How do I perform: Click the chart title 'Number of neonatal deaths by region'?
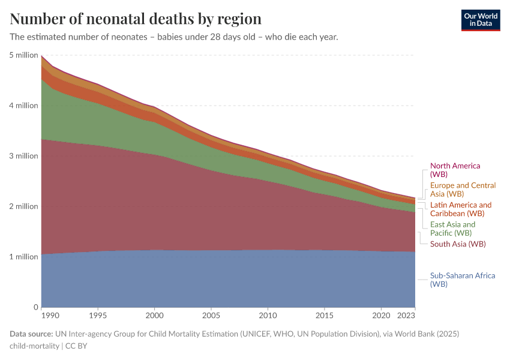tap(136, 19)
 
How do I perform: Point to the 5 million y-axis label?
tap(23, 55)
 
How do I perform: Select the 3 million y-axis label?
tap(23, 156)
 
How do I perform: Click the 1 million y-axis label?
tap(23, 257)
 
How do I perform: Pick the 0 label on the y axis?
tap(35, 307)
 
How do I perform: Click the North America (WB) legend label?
tap(455, 170)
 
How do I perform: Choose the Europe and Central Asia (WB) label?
tap(463, 190)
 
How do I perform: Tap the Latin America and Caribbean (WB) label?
tap(460, 209)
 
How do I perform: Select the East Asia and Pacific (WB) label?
tap(452, 229)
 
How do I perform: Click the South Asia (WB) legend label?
tap(458, 244)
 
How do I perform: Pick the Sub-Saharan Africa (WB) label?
tap(462, 280)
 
